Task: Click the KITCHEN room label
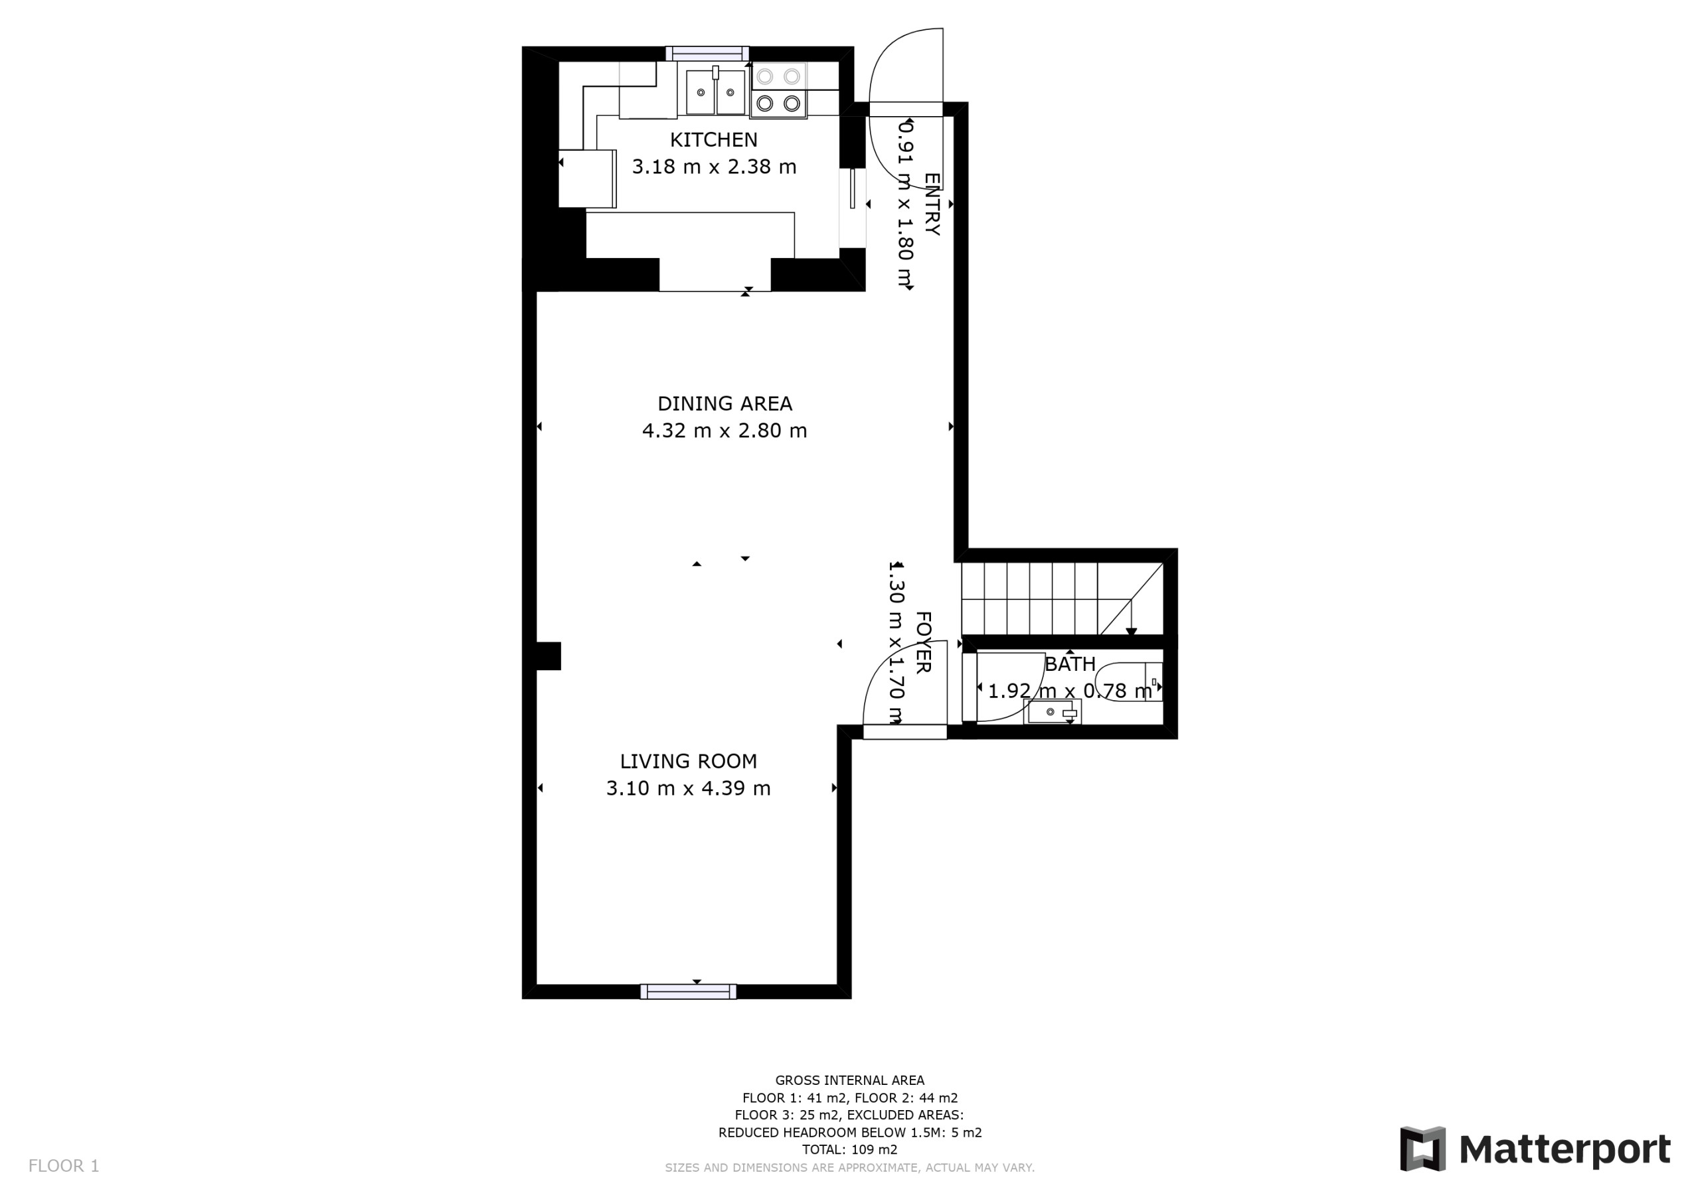coord(714,140)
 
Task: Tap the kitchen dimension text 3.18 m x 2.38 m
coord(714,167)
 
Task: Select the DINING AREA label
coord(725,404)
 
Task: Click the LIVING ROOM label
coord(689,762)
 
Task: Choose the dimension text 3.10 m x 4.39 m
coord(689,788)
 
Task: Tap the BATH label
coord(1070,664)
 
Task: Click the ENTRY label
coord(932,204)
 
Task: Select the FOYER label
coord(922,642)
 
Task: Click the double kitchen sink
coord(715,92)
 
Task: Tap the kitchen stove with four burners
coord(778,90)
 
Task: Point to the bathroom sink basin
coord(1052,712)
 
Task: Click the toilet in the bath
coord(1128,681)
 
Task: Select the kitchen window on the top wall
coord(707,53)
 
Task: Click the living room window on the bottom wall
coord(689,991)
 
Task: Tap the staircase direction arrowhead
coord(1132,631)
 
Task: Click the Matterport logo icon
coord(1422,1149)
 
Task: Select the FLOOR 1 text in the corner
coord(64,1166)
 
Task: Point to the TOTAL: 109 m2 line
coord(849,1150)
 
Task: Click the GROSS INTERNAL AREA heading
coord(849,1080)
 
